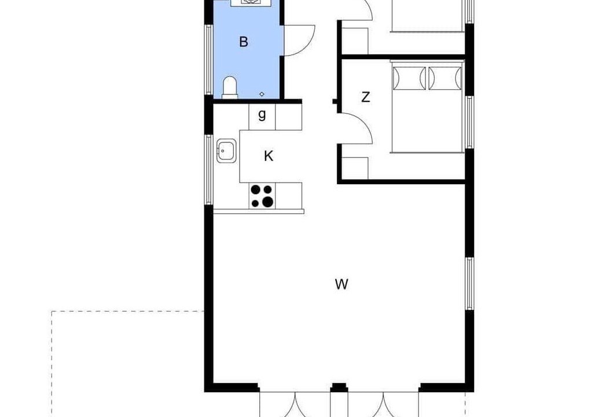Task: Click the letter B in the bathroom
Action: tap(244, 41)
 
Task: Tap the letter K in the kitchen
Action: tap(269, 156)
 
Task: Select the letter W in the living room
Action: tap(341, 284)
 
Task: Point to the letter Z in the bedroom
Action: tap(365, 97)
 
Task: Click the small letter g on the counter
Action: tap(262, 114)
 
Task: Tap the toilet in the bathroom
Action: tap(230, 87)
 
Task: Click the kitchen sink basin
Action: tap(226, 151)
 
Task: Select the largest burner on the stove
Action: tap(267, 202)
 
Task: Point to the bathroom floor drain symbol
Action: tap(262, 94)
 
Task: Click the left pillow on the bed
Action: tap(409, 78)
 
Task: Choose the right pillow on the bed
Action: tap(445, 78)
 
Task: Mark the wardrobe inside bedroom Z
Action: tap(355, 167)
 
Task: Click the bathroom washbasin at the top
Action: tap(251, 3)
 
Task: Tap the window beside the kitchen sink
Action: tap(208, 170)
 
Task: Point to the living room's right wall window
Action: tap(470, 284)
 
